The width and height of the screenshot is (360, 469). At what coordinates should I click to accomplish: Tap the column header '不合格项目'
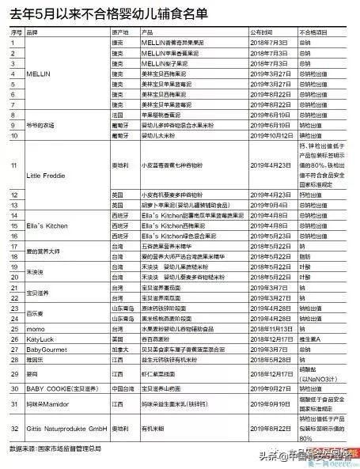pos(313,32)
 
